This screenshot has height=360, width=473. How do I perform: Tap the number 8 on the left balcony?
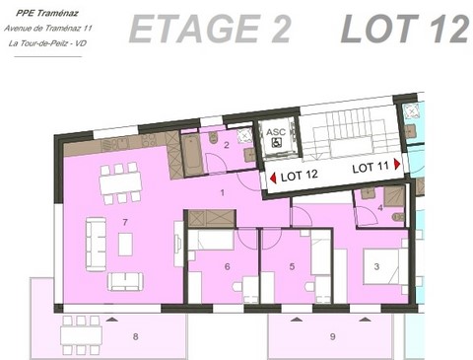click(x=136, y=337)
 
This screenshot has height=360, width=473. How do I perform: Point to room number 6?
click(x=227, y=266)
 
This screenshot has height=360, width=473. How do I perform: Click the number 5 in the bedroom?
click(x=292, y=266)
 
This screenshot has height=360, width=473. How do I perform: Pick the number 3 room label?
click(x=376, y=266)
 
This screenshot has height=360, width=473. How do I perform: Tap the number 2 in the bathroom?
click(x=226, y=145)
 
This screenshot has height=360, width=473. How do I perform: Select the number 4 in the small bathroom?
click(x=380, y=207)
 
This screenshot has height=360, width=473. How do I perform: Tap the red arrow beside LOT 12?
click(x=274, y=178)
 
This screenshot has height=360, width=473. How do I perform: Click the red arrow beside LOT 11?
click(x=397, y=166)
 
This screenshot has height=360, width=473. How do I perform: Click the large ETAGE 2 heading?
click(x=210, y=31)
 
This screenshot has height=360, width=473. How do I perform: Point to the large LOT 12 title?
click(x=403, y=31)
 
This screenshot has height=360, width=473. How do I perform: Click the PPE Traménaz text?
click(x=42, y=13)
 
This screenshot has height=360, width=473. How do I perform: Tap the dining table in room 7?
click(x=117, y=182)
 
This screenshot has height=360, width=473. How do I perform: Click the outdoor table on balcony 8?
click(x=83, y=333)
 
